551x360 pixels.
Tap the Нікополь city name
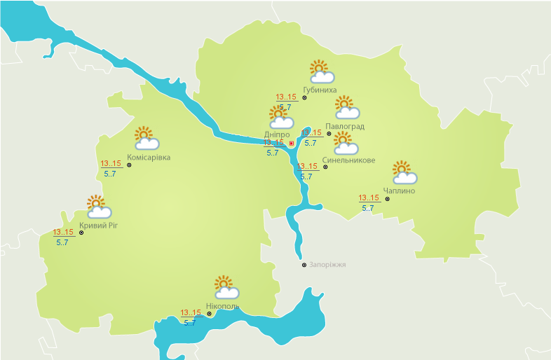coord(223,307)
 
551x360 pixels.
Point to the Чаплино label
coord(400,191)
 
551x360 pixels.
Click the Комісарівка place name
coord(149,158)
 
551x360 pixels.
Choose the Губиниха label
coord(320,90)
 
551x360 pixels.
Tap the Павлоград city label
coord(345,127)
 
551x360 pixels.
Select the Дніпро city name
coord(277,134)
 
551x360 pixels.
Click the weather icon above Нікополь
coord(226,287)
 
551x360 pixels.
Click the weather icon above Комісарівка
coord(146,138)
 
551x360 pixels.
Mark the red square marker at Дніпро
coord(292,143)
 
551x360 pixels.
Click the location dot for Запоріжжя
coord(304,265)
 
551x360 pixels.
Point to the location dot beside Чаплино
coord(388,198)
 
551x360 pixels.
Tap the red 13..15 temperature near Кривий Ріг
coord(63,233)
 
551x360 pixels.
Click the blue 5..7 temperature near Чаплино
coord(367,208)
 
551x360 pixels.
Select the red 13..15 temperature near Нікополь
coord(191,313)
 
